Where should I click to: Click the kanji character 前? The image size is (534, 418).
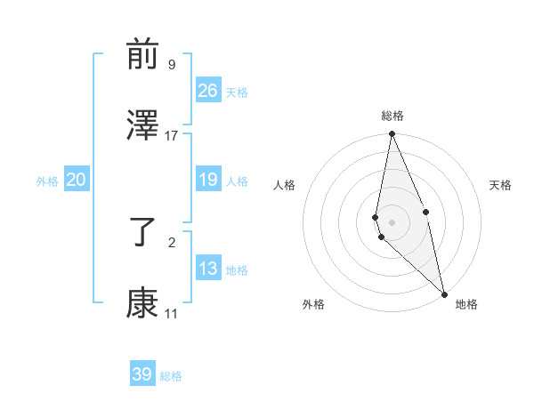142,56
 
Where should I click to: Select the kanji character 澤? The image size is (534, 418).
142,126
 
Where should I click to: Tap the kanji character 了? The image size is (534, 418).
142,233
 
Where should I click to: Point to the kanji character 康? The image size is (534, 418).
142,304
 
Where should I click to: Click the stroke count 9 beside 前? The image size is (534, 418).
172,65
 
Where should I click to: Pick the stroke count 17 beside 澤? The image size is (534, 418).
172,135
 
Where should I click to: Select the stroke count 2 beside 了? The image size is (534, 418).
172,242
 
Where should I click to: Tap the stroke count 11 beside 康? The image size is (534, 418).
172,313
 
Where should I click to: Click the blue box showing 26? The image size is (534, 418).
208,91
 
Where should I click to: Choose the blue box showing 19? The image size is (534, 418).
208,180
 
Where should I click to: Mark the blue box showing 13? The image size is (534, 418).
208,269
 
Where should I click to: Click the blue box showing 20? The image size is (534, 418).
77,180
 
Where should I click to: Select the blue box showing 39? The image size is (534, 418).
142,374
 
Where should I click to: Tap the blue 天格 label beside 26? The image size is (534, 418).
237,92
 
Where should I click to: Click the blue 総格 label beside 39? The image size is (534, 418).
171,376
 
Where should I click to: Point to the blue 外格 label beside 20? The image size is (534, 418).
47,181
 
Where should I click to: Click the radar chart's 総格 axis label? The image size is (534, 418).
392,117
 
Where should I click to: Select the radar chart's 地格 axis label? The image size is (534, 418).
466,305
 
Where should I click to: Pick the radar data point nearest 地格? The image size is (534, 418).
443,293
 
